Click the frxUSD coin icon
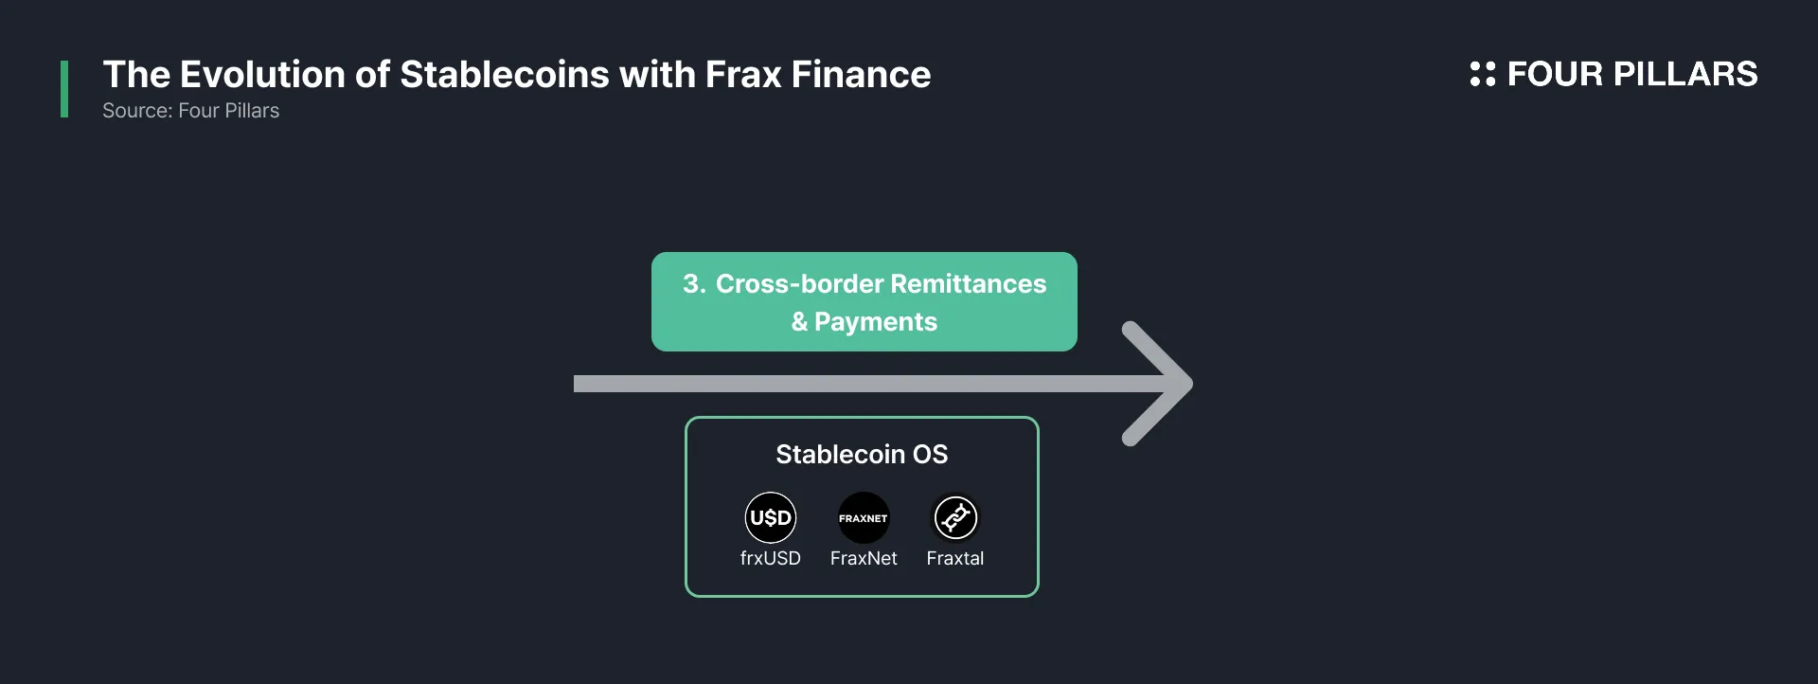pos(771,517)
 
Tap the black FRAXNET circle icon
pos(864,517)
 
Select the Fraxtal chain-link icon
pos(955,517)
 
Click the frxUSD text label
pos(771,558)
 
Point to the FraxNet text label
pos(864,558)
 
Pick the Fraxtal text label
pos(955,558)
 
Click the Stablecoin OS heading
pos(862,455)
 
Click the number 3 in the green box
pos(692,284)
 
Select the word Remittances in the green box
pos(968,284)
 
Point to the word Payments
pos(876,322)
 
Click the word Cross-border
pos(799,284)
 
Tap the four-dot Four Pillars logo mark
pos(1483,74)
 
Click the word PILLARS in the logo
pos(1685,74)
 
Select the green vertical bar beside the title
pos(64,89)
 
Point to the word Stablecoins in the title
pos(505,74)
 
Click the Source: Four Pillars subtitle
pos(190,111)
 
